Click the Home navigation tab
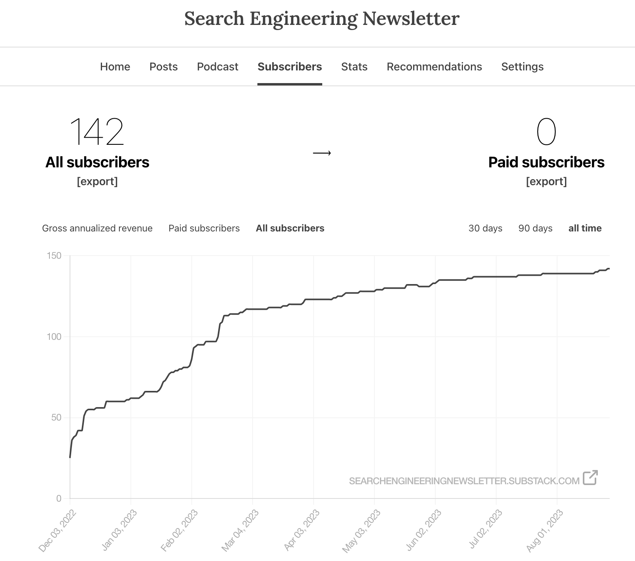click(x=115, y=66)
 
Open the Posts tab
click(x=163, y=66)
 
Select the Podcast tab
click(x=217, y=66)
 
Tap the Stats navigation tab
click(x=354, y=66)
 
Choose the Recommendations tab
click(x=434, y=66)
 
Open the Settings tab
click(x=522, y=66)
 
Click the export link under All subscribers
click(x=97, y=181)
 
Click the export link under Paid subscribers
click(x=546, y=181)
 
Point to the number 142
click(x=97, y=132)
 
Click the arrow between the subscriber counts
click(x=322, y=153)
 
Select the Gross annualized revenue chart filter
click(x=97, y=228)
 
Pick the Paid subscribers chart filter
click(x=204, y=228)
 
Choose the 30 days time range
click(x=485, y=228)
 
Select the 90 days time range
click(x=535, y=228)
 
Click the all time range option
click(x=585, y=228)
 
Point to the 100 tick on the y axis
click(x=54, y=337)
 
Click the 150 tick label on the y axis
click(x=54, y=256)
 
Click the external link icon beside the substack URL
click(x=590, y=478)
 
